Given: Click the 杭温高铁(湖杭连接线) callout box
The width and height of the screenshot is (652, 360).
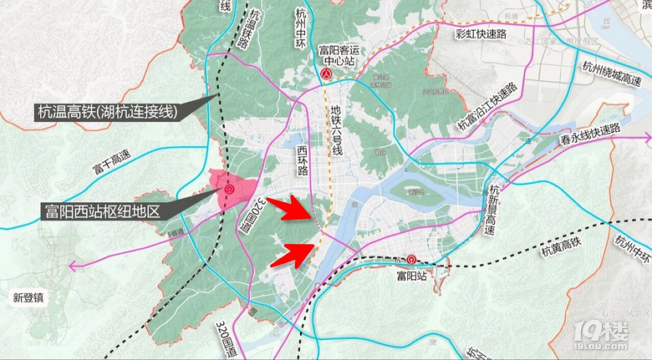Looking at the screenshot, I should [x=106, y=110].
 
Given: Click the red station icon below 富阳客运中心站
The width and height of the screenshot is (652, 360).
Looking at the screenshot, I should [x=326, y=74].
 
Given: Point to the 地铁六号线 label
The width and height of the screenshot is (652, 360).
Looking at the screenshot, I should [x=337, y=129].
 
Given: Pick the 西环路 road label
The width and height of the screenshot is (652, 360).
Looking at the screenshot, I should [x=303, y=160].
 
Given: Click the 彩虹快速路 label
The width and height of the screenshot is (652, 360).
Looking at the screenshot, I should [x=482, y=34].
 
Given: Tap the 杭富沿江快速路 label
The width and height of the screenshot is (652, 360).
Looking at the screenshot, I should [x=487, y=107].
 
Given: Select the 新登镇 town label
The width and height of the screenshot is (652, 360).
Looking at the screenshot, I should [x=31, y=297].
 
